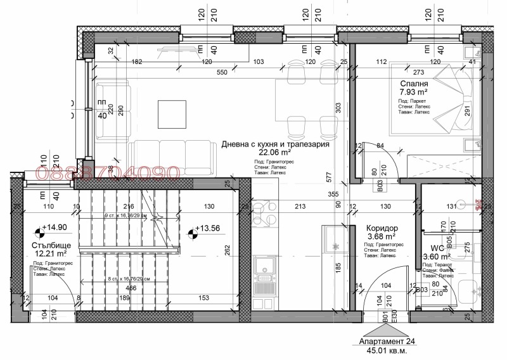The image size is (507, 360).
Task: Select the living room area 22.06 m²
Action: point(274,153)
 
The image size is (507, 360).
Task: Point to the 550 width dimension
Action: point(221,73)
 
